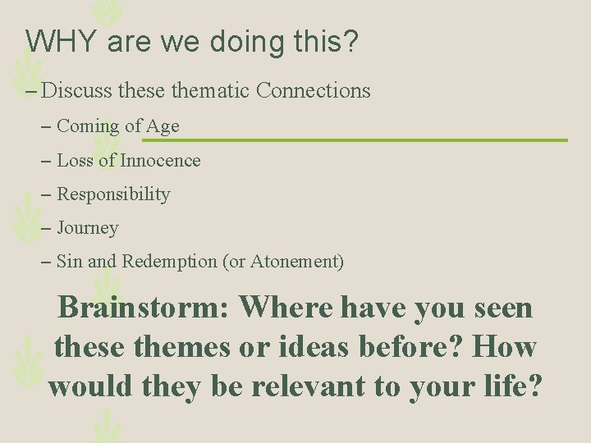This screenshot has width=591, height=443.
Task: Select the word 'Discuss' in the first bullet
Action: pyautogui.click(x=77, y=90)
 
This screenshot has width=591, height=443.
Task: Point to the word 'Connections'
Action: pyautogui.click(x=313, y=90)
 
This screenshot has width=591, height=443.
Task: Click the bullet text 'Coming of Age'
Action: pyautogui.click(x=117, y=126)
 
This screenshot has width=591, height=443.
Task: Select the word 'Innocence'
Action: pyautogui.click(x=160, y=161)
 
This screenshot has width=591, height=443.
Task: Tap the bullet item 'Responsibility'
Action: pyautogui.click(x=113, y=195)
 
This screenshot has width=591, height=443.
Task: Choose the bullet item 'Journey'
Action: pyautogui.click(x=87, y=229)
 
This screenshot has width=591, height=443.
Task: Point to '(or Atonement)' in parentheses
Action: pyautogui.click(x=283, y=263)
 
